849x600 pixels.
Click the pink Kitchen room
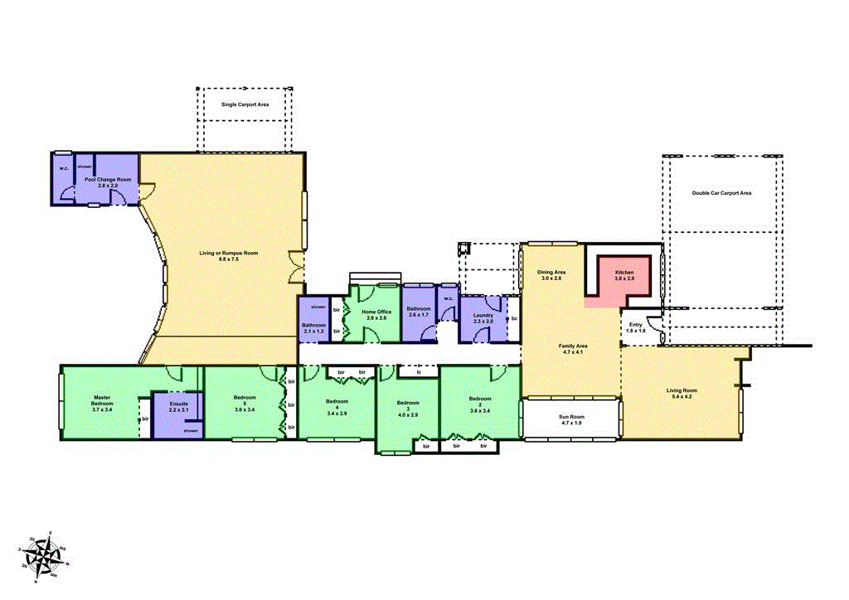tap(624, 275)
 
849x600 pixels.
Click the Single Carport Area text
tap(245, 105)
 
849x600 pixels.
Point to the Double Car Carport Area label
tap(721, 193)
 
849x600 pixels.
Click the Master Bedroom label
tap(102, 401)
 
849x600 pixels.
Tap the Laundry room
tap(483, 318)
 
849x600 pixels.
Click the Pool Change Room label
tap(114, 179)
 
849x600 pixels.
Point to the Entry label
tap(636, 324)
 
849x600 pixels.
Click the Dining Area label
tap(551, 272)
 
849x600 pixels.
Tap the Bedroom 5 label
tap(245, 401)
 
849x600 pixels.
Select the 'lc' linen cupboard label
tap(419, 372)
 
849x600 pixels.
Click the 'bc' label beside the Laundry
tap(514, 318)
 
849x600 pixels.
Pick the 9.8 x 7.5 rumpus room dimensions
tap(228, 259)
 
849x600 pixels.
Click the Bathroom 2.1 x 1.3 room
tap(313, 327)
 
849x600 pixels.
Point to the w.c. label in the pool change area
tap(63, 168)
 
